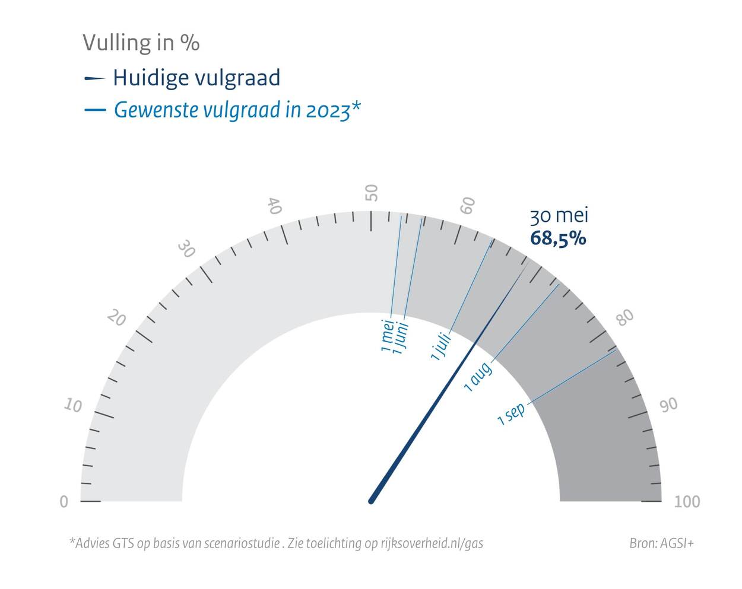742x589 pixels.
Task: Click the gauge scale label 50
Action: pyautogui.click(x=371, y=193)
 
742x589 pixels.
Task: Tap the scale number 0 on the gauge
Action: pyautogui.click(x=64, y=502)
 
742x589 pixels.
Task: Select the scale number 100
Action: pyautogui.click(x=687, y=502)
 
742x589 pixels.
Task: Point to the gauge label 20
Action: pyautogui.click(x=116, y=319)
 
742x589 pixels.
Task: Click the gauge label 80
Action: pyautogui.click(x=625, y=317)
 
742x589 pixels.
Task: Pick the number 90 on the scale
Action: pyautogui.click(x=668, y=405)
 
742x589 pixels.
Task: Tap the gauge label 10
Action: pyautogui.click(x=73, y=406)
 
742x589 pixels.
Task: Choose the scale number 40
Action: pyautogui.click(x=274, y=206)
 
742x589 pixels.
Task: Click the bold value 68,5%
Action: pyautogui.click(x=558, y=238)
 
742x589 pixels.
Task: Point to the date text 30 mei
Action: pyautogui.click(x=559, y=215)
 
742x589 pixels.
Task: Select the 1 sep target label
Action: pyautogui.click(x=512, y=413)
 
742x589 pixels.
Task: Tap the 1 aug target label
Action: pyautogui.click(x=478, y=377)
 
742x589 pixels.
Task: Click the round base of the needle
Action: pyautogui.click(x=371, y=501)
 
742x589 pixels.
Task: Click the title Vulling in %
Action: pyautogui.click(x=141, y=43)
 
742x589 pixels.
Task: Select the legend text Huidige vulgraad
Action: pyautogui.click(x=196, y=78)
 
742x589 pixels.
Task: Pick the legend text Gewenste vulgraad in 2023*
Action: pyautogui.click(x=237, y=110)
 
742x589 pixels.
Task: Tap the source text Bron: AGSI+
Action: pyautogui.click(x=661, y=543)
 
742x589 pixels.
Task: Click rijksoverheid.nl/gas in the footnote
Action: pyautogui.click(x=432, y=543)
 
